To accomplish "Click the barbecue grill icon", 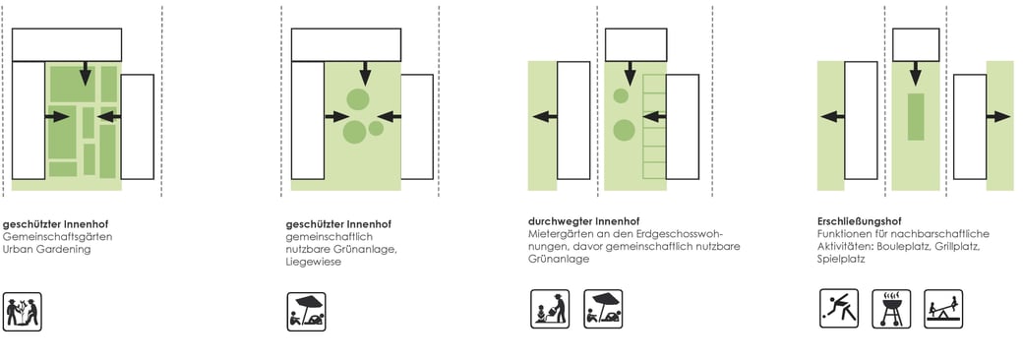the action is (891, 309).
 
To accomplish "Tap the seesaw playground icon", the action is (943, 309).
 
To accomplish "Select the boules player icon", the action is (839, 309).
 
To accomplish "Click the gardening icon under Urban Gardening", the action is (23, 312).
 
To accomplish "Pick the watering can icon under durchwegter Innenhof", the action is (549, 309).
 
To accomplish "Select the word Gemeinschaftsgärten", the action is (57, 237).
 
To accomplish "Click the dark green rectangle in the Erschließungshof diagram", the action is (916, 117).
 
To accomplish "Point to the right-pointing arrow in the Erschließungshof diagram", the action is (998, 117).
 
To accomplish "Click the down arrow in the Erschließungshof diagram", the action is (916, 74).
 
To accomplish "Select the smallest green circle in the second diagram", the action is (376, 129).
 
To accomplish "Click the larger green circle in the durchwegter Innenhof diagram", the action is (624, 131).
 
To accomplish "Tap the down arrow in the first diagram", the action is (86, 73).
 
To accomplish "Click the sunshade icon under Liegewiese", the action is (307, 312).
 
